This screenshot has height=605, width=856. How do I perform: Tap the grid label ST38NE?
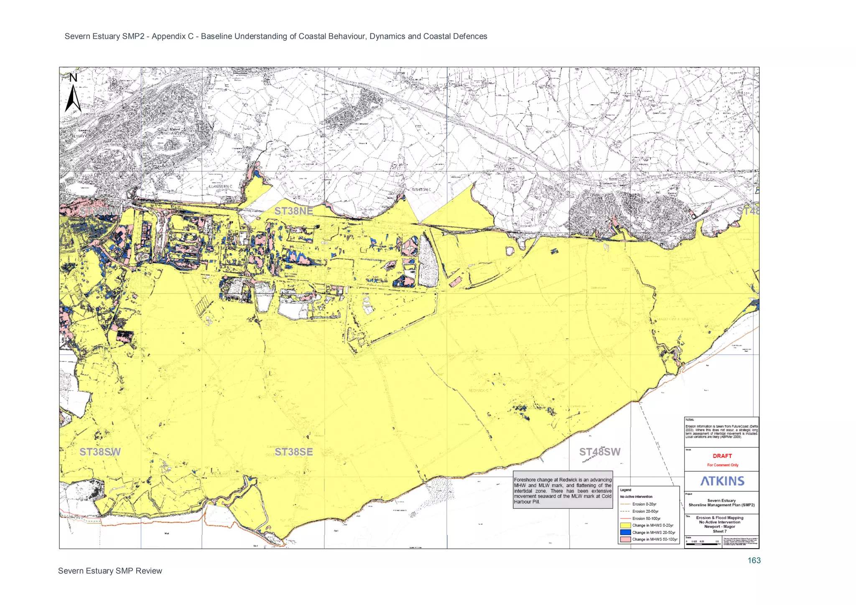coord(293,211)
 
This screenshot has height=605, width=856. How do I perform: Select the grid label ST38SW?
coord(100,452)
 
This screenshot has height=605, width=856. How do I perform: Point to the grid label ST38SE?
coord(293,452)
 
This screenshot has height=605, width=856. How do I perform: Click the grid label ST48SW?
coord(599,452)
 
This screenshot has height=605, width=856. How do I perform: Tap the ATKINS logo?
coord(722,481)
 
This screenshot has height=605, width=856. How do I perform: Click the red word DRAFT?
coord(722,456)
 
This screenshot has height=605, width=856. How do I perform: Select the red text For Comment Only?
coord(722,465)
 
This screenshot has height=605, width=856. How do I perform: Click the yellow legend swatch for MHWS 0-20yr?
coord(625,525)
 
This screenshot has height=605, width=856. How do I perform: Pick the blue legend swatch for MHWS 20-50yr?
coord(625,532)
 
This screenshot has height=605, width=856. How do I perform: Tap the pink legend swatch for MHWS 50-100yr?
coord(625,539)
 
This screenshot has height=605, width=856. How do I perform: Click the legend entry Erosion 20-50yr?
coord(645,511)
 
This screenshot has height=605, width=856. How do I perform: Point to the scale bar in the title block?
coord(702,544)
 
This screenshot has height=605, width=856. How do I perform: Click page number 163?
coord(754,561)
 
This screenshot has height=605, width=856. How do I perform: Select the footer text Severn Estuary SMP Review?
coord(110,571)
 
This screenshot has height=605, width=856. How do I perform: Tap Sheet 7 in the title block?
coord(719,531)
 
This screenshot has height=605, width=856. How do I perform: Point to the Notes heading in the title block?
coord(690,419)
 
